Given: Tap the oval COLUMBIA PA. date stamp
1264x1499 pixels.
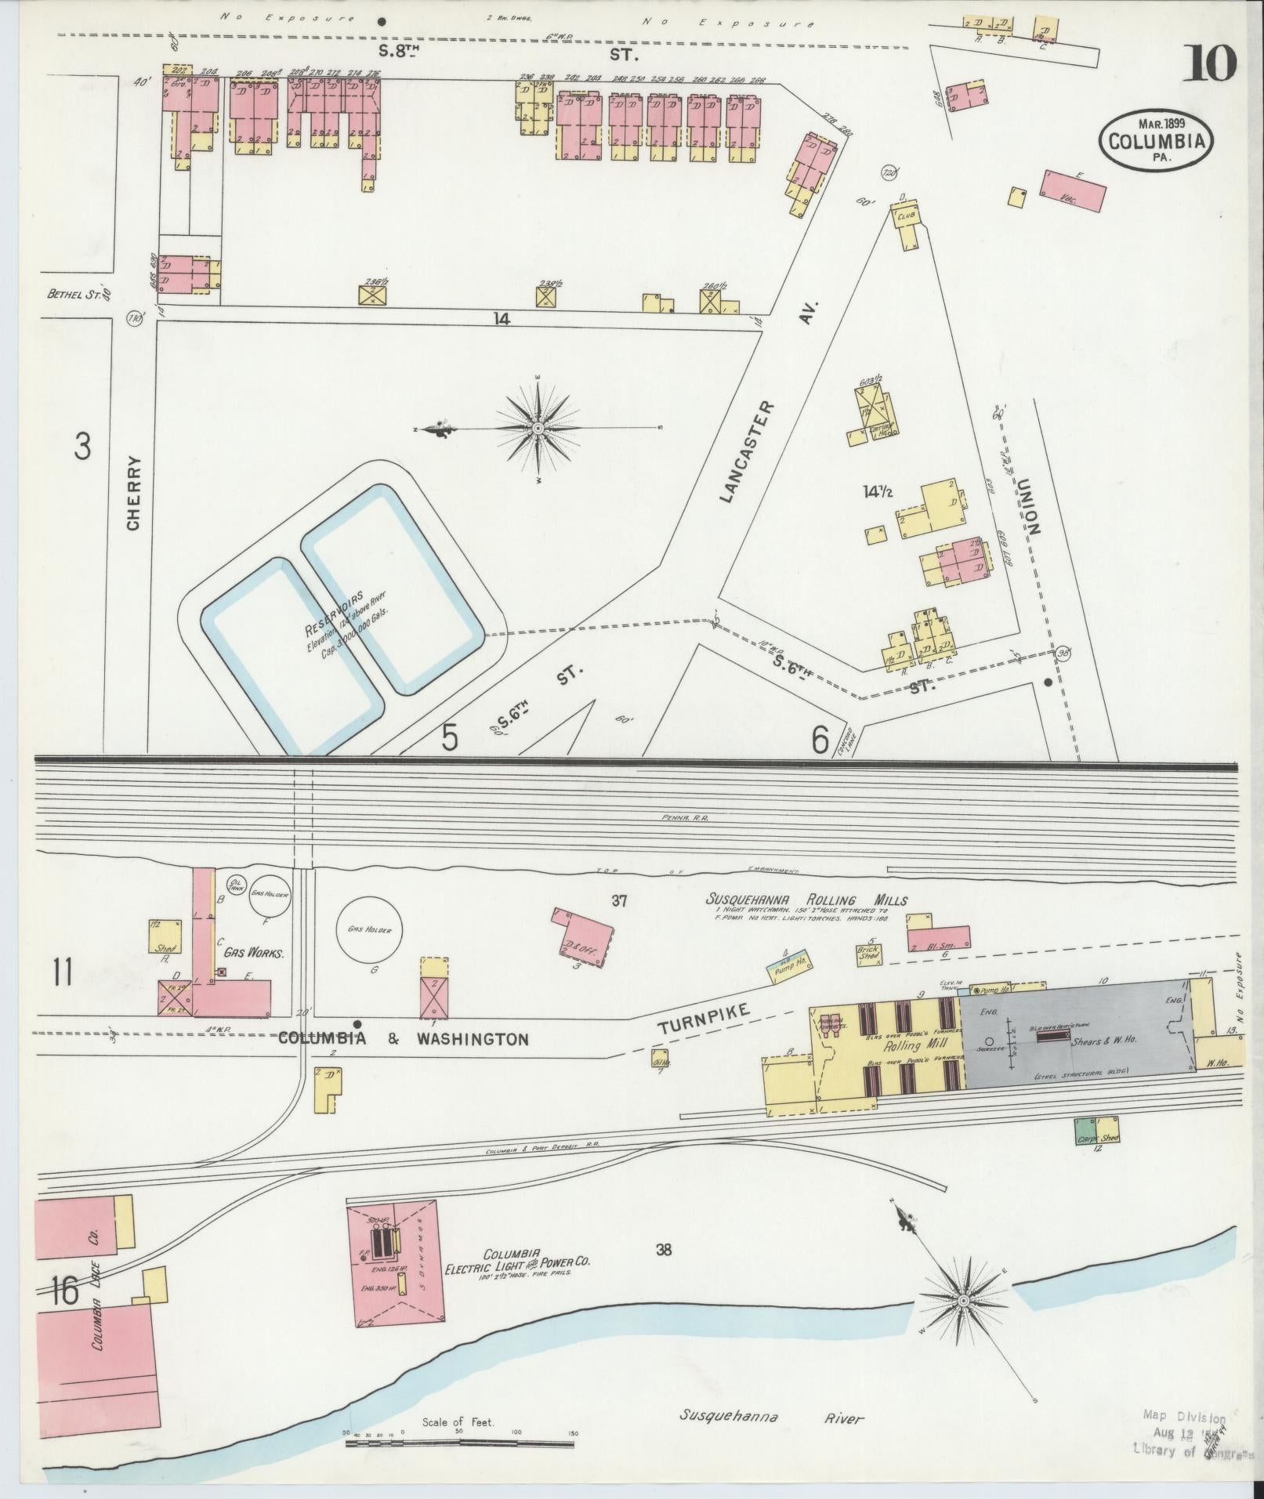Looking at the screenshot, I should pyautogui.click(x=1156, y=140).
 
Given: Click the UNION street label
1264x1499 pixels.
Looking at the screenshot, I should pyautogui.click(x=1027, y=505).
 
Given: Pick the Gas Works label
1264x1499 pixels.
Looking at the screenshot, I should pyautogui.click(x=253, y=954).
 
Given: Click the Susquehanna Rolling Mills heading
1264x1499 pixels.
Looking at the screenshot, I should pyautogui.click(x=807, y=900).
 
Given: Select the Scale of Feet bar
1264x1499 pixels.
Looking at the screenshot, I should pyautogui.click(x=462, y=1439).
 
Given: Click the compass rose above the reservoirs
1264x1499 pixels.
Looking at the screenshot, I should pyautogui.click(x=538, y=429).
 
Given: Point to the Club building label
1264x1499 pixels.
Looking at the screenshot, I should pyautogui.click(x=907, y=214).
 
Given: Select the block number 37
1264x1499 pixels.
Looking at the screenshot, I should pyautogui.click(x=619, y=901).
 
